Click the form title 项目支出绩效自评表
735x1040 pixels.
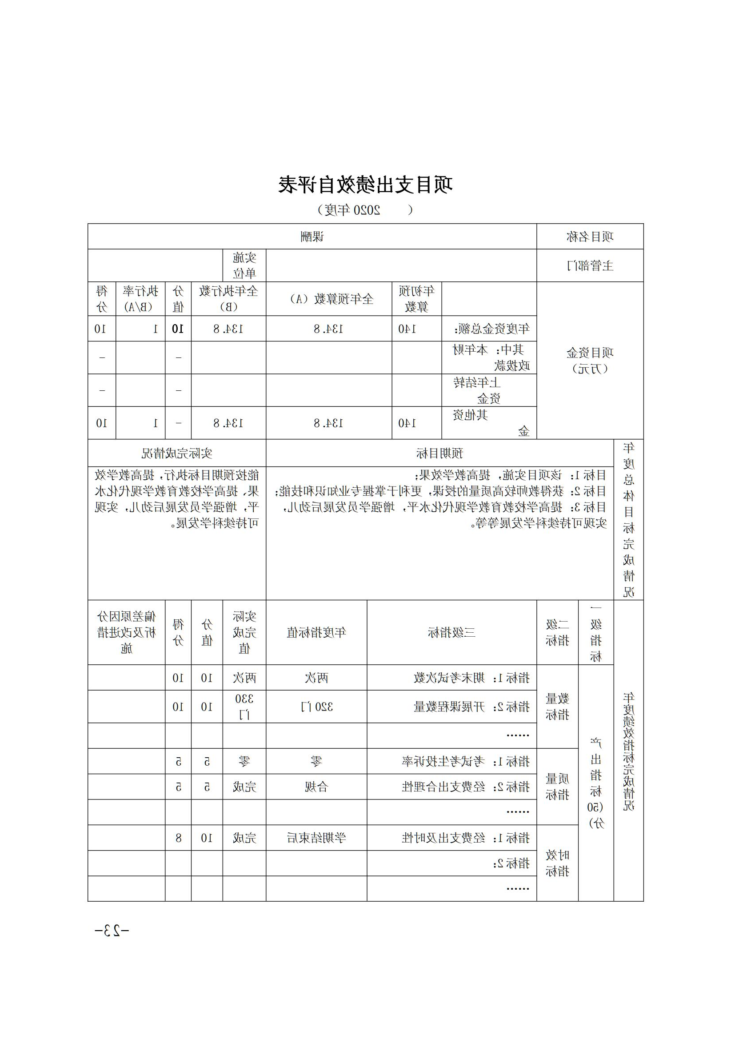[365, 185]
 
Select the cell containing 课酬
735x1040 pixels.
[312, 237]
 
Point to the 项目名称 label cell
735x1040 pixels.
[590, 237]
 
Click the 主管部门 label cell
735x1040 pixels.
[590, 265]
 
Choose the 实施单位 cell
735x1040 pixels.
[244, 265]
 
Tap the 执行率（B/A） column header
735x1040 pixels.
[140, 299]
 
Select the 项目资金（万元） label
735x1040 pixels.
[590, 361]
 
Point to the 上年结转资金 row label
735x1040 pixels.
[489, 390]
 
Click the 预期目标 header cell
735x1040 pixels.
[439, 453]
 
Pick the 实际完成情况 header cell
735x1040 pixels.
[176, 453]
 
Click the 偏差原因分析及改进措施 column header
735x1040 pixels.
[127, 632]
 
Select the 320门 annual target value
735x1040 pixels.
[317, 707]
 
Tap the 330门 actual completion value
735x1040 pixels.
[244, 707]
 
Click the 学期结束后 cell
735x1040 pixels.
[317, 838]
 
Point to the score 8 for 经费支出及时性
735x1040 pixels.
[178, 838]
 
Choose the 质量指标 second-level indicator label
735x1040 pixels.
[558, 787]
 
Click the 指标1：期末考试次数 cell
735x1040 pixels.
[471, 678]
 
